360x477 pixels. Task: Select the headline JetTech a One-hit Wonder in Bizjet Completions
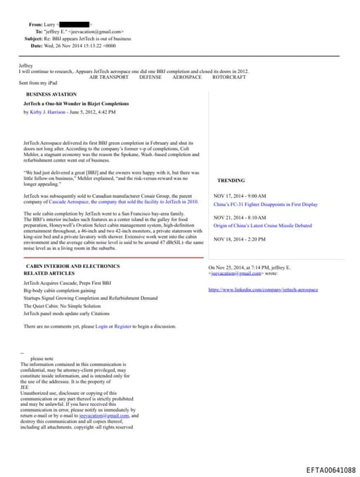tap(66, 103)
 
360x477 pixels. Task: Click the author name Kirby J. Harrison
tap(48, 112)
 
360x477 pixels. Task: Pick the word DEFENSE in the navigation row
tap(150, 77)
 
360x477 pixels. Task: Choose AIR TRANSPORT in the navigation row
tap(109, 77)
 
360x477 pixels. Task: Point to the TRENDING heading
tap(231, 181)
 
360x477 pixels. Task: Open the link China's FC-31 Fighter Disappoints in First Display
tap(265, 204)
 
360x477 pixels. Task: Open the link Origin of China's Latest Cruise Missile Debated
tap(262, 226)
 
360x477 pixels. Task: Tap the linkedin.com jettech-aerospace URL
tap(263, 289)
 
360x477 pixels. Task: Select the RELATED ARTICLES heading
tap(49, 273)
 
